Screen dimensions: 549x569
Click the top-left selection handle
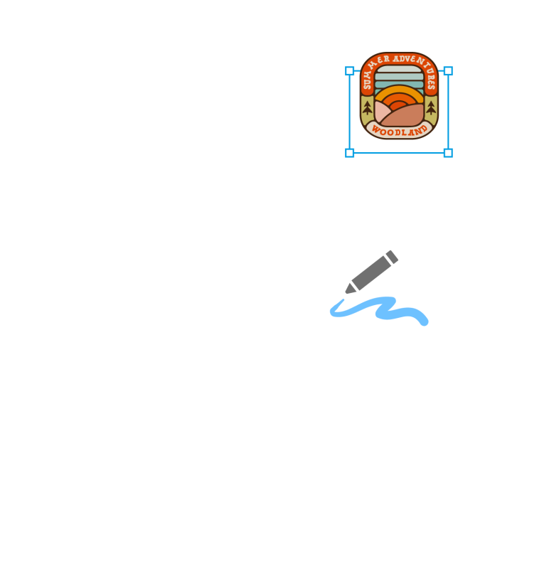[x=349, y=70]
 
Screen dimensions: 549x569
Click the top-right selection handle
[x=448, y=70]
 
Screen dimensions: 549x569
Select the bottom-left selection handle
[x=349, y=153]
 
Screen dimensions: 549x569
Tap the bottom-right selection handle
[x=448, y=153]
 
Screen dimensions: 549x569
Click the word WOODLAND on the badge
[x=399, y=132]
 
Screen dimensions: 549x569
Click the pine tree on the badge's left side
[x=368, y=108]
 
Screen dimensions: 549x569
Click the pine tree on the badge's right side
[x=431, y=108]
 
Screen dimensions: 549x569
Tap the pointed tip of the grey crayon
[x=346, y=292]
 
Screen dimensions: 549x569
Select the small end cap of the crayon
[x=392, y=257]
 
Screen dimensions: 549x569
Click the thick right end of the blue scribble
[x=424, y=321]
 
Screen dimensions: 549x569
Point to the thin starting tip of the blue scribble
[x=343, y=300]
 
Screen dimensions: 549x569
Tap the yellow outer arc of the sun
[x=399, y=88]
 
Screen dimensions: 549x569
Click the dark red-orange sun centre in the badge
[x=398, y=105]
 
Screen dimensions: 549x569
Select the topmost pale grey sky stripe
[x=399, y=69]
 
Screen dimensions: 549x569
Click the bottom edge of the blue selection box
[x=399, y=153]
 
